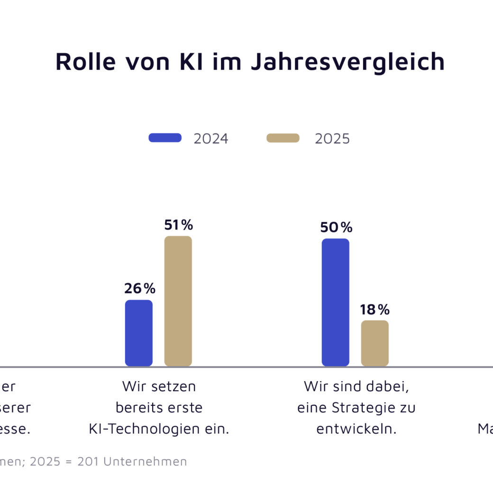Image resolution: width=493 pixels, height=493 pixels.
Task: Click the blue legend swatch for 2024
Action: coord(165,138)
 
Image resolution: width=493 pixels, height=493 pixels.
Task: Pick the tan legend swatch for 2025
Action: coord(283,138)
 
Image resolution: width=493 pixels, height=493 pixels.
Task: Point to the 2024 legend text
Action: coord(211,138)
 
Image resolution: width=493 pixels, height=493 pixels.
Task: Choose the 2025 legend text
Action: coord(332,138)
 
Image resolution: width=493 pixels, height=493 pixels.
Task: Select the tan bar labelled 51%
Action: coord(178,301)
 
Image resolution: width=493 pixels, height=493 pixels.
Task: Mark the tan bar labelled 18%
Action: coord(375,343)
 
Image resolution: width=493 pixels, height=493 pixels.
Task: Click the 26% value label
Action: coord(140,288)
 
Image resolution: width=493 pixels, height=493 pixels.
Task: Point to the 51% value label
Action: coord(179,225)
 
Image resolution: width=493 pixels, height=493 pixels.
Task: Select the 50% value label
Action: coord(336,228)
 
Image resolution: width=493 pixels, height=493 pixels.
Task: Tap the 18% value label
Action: coord(374,310)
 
